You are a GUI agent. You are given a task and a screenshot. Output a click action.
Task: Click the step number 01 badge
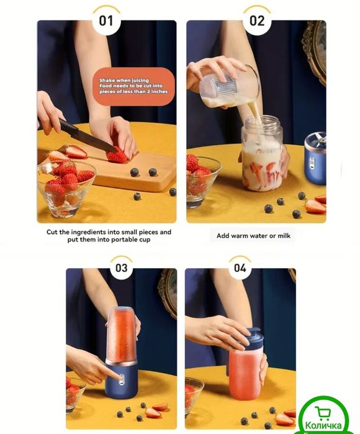(107, 20)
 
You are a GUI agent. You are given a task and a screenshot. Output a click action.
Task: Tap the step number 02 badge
(257, 20)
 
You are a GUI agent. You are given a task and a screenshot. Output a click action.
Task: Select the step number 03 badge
(122, 268)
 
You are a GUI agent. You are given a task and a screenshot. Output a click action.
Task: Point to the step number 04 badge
(240, 268)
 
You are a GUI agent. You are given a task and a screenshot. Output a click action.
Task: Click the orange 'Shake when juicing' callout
(133, 86)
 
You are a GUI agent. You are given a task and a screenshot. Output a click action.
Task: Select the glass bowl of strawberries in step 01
(66, 189)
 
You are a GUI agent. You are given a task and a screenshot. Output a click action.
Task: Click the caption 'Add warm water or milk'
(253, 236)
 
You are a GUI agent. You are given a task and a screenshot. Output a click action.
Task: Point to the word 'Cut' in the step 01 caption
(52, 232)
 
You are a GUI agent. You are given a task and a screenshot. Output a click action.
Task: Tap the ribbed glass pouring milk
(230, 86)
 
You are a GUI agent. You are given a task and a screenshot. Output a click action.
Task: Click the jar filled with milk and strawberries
(262, 153)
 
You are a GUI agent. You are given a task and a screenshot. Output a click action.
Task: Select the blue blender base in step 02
(315, 158)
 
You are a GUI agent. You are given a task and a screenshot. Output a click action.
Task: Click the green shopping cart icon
(322, 414)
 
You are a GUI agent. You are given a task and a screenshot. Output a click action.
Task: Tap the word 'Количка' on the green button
(323, 425)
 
